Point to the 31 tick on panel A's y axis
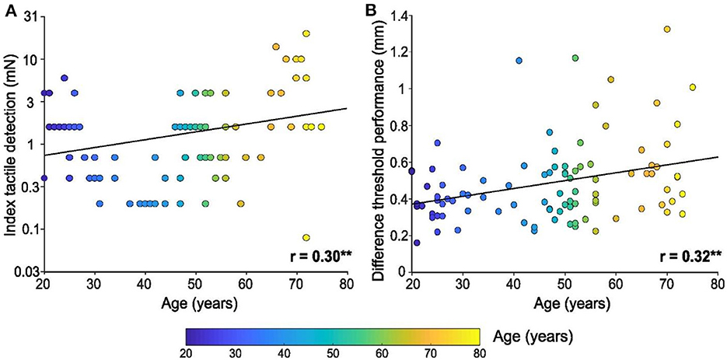(x=30, y=16)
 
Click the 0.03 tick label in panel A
(x=26, y=271)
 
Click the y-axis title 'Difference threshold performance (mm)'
(x=378, y=143)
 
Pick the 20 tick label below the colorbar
(x=186, y=353)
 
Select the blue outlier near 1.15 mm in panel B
(x=519, y=61)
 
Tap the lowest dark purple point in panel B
(x=417, y=243)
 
